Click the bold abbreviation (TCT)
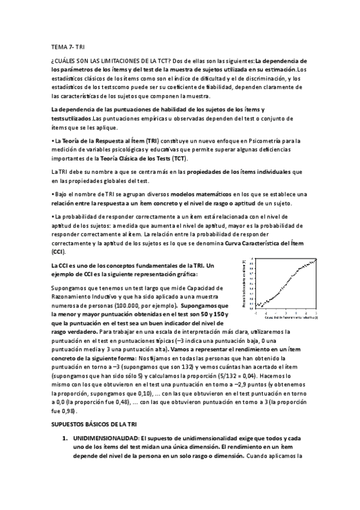pyautogui.click(x=179, y=158)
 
